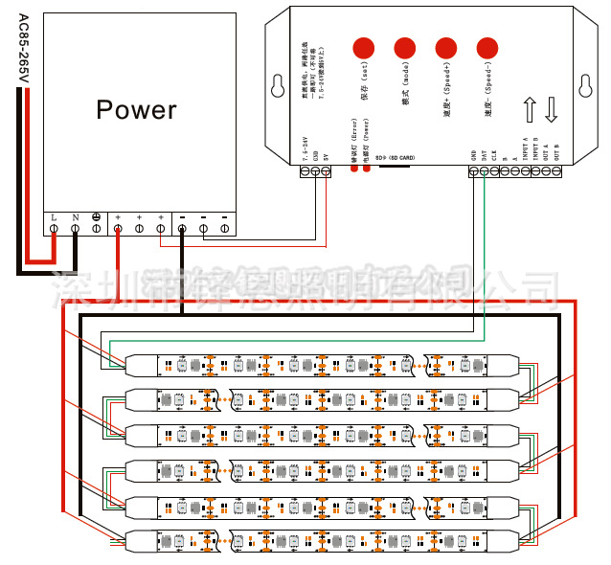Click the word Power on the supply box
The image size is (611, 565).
click(x=136, y=109)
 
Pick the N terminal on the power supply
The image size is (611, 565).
click(x=76, y=229)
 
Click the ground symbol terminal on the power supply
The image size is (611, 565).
click(x=97, y=229)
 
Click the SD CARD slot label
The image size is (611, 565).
click(x=395, y=156)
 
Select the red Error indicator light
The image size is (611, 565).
click(x=353, y=169)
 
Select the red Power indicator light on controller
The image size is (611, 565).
click(x=366, y=169)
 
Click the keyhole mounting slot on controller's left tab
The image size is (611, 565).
click(x=279, y=84)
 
